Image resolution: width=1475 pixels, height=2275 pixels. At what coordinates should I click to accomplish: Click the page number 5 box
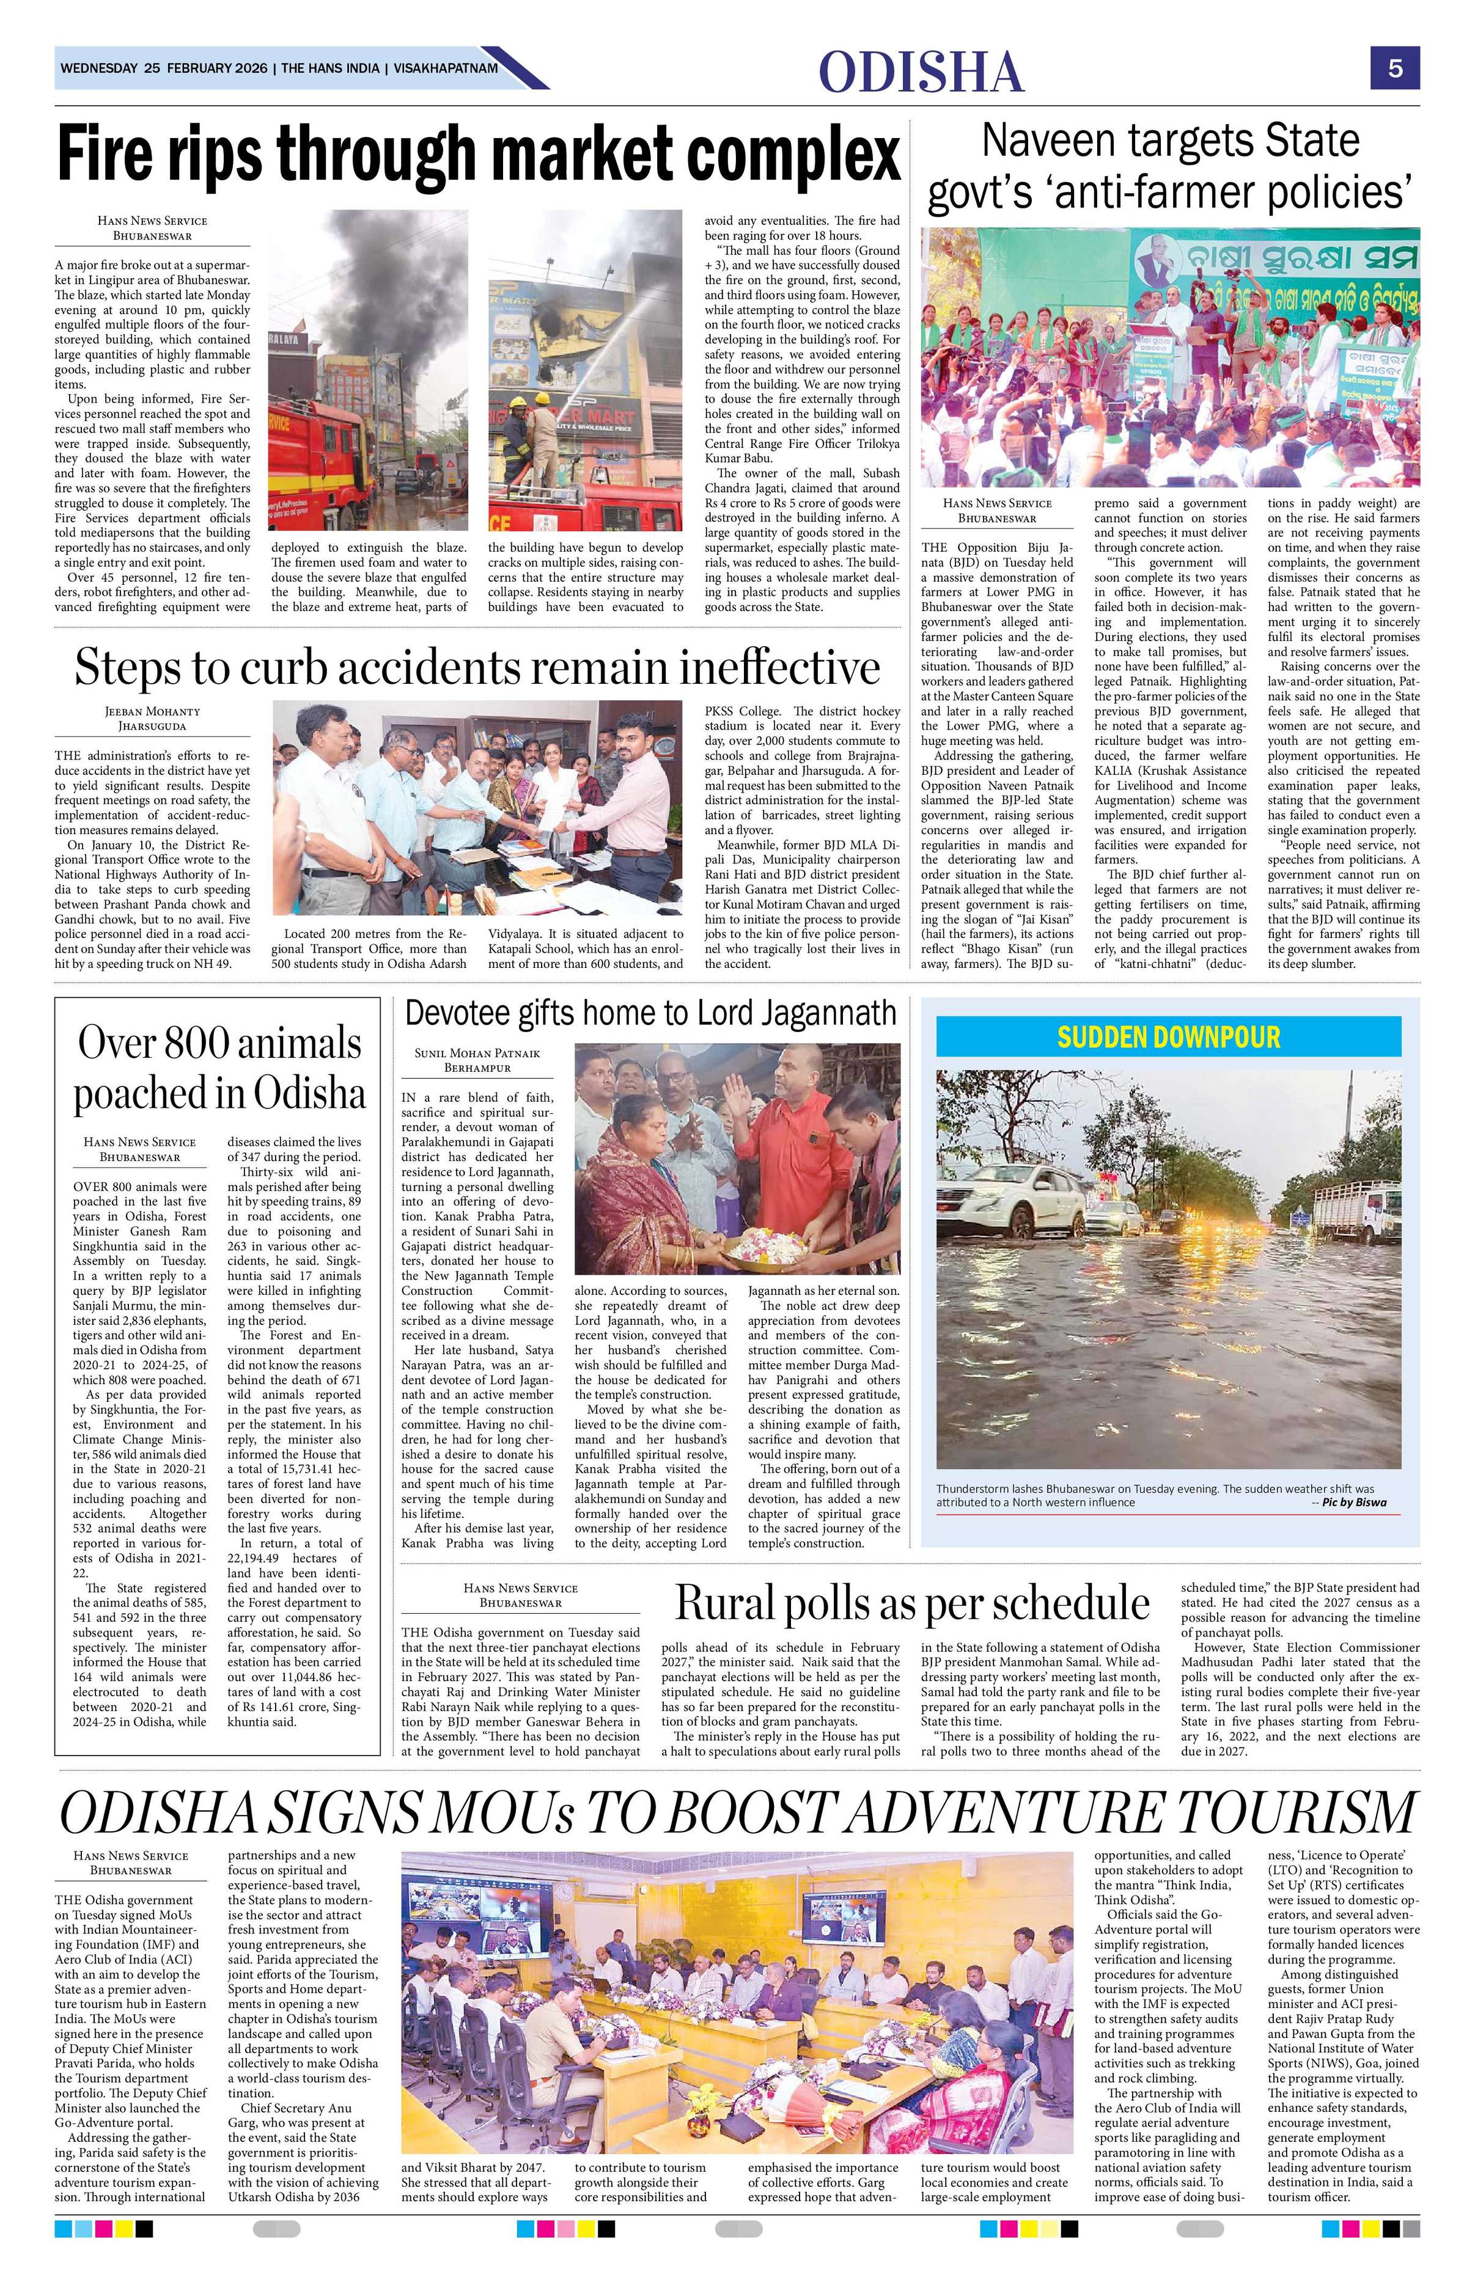point(1395,69)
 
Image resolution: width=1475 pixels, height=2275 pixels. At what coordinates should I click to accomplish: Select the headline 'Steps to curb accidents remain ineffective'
point(477,666)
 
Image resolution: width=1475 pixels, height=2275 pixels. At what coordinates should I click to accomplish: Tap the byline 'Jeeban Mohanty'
point(152,711)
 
